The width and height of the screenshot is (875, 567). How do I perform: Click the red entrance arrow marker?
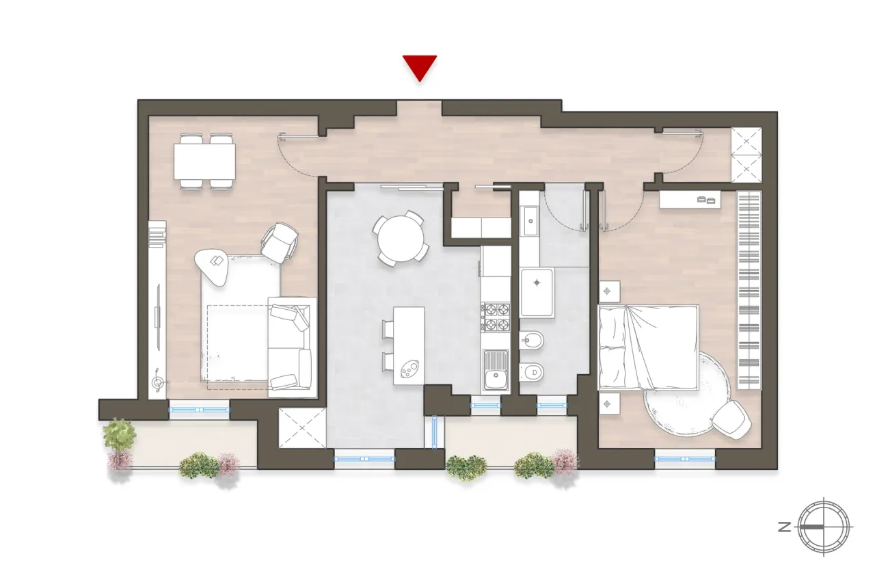coord(419,68)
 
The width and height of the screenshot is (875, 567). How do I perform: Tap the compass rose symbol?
coord(825,527)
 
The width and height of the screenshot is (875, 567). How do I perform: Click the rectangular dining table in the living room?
coord(204,161)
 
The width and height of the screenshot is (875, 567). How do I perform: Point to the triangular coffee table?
coord(213,265)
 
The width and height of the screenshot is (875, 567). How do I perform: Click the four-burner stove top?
coord(496,317)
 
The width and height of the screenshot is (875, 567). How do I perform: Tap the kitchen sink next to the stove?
coord(495,370)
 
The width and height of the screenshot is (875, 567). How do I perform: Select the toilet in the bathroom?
coord(532,371)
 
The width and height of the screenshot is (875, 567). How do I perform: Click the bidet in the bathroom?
coord(530,339)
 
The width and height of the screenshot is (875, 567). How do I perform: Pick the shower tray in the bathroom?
coord(537,293)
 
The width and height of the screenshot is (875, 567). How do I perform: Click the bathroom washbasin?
coord(530,219)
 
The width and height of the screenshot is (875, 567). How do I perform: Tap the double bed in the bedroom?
coord(648,347)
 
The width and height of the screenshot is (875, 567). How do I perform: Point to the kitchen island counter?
coord(408,345)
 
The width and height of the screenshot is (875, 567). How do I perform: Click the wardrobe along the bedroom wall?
coord(749,291)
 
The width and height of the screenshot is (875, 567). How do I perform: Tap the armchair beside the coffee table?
coord(280,243)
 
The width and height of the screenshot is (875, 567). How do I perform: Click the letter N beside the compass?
coord(784,527)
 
